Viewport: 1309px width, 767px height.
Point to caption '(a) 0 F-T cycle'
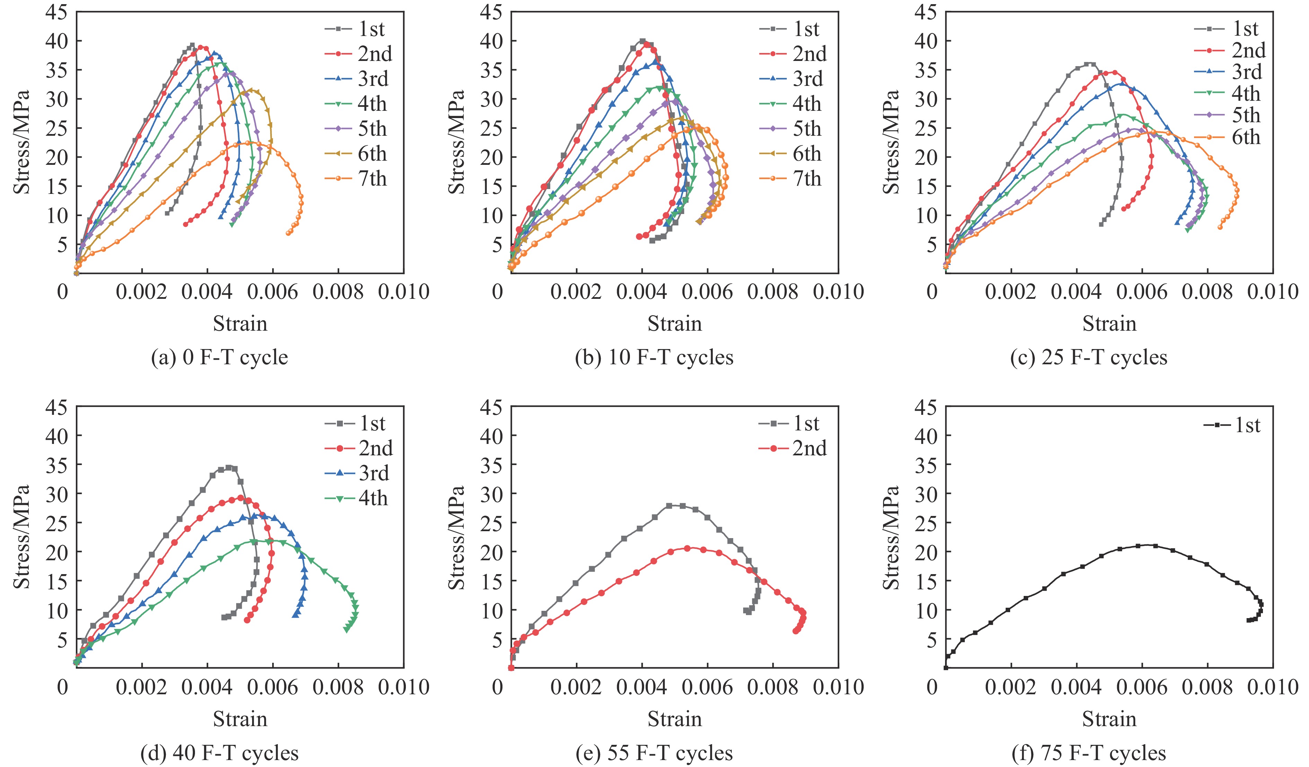pos(219,358)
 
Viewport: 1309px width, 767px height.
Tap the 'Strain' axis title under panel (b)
pos(674,323)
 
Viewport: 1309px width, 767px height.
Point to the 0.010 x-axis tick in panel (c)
pos(1273,292)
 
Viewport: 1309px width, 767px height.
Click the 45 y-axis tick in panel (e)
pos(491,407)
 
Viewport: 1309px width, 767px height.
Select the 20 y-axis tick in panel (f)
pos(925,552)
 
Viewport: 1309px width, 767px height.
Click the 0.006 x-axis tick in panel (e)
pos(707,687)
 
